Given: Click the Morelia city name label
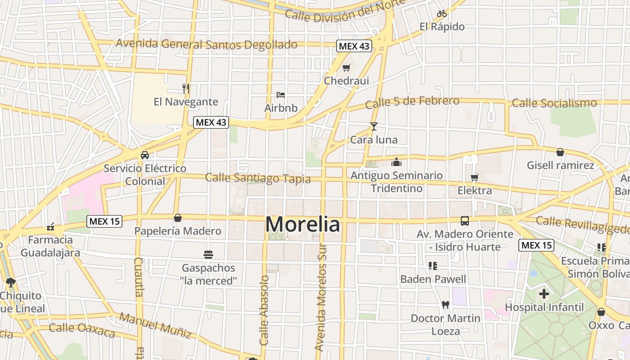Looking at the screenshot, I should tap(302, 224).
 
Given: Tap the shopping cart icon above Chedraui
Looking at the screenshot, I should tap(346, 68).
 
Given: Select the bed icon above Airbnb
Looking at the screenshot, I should tap(281, 95).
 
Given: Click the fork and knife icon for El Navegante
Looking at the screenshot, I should tap(185, 88).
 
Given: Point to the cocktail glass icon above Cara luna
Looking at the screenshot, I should tap(373, 126).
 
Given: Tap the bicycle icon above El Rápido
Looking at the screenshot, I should tap(441, 13).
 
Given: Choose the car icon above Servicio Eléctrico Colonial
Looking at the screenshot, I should tap(144, 155).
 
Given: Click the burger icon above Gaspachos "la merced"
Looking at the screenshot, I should tap(208, 255).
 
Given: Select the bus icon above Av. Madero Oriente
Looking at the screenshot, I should tap(464, 221).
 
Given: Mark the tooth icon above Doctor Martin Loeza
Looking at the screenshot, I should tap(445, 305).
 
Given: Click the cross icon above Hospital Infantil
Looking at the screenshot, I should tap(544, 294).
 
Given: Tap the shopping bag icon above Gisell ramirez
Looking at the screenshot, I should tap(560, 152).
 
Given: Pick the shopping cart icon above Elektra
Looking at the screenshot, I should tap(474, 177).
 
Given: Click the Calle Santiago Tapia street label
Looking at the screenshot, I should tap(258, 178).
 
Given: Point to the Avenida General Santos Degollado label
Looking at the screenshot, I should tap(207, 44).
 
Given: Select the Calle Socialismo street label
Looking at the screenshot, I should tap(554, 103).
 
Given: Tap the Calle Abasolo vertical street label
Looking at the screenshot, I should tap(264, 310).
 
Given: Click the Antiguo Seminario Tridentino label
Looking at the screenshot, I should tap(396, 182).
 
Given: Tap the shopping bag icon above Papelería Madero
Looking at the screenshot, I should tap(178, 218).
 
